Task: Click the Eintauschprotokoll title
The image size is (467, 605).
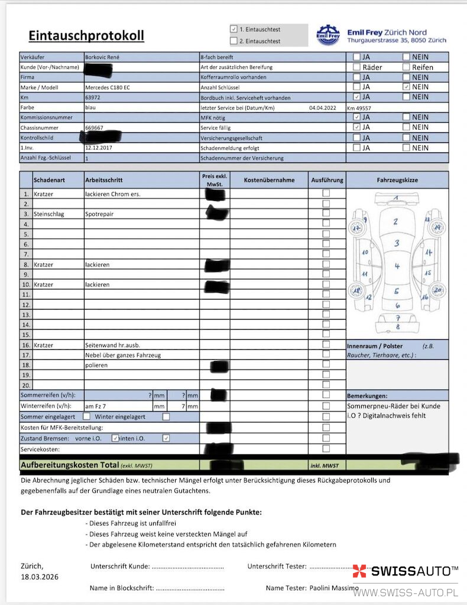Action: [x=86, y=36]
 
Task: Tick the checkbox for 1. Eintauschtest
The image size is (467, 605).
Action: [x=234, y=29]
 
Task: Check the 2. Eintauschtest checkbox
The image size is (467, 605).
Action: [x=234, y=41]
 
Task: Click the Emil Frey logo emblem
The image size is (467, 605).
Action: [x=328, y=35]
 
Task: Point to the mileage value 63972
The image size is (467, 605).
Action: [x=93, y=97]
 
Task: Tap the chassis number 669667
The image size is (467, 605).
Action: [x=94, y=128]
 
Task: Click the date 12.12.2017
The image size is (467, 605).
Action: [x=99, y=148]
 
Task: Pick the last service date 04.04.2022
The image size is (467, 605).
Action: [x=322, y=108]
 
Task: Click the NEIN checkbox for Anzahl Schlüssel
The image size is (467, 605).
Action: [x=406, y=87]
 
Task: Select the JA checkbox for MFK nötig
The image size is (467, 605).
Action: [x=356, y=118]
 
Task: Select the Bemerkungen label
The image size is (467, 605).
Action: [x=367, y=395]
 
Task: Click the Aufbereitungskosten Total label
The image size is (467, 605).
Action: [x=70, y=466]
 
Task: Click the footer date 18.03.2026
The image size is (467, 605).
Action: [x=40, y=577]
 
